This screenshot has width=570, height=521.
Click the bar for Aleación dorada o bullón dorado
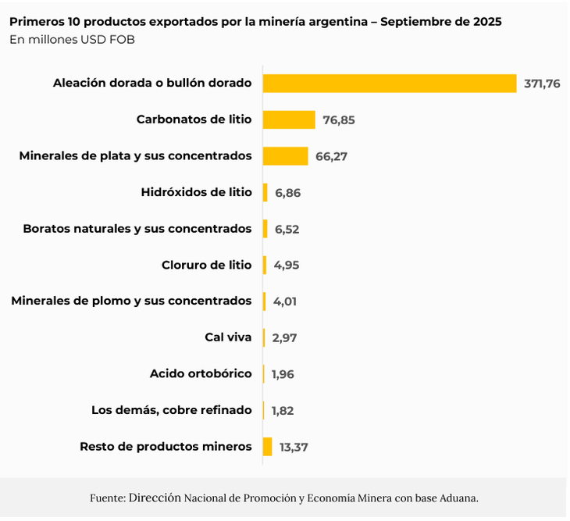[389, 84]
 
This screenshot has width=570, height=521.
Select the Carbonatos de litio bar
[289, 120]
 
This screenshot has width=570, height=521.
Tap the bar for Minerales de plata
[285, 156]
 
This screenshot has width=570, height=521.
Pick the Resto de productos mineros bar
[267, 447]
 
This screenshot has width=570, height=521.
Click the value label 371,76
[542, 84]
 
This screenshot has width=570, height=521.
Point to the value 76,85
[340, 120]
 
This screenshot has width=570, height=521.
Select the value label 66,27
[332, 156]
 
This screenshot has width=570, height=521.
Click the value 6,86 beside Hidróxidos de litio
[287, 192]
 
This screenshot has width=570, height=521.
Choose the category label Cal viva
[228, 337]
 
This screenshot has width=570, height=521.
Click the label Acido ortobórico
[201, 373]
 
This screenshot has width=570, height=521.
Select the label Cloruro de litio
[207, 265]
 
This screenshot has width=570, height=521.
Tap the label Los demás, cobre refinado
[172, 410]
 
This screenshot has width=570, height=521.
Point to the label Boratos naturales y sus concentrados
[137, 229]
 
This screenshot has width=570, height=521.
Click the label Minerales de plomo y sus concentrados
[131, 301]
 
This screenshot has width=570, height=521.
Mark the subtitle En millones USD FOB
[72, 40]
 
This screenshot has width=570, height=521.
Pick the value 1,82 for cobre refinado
[283, 410]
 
